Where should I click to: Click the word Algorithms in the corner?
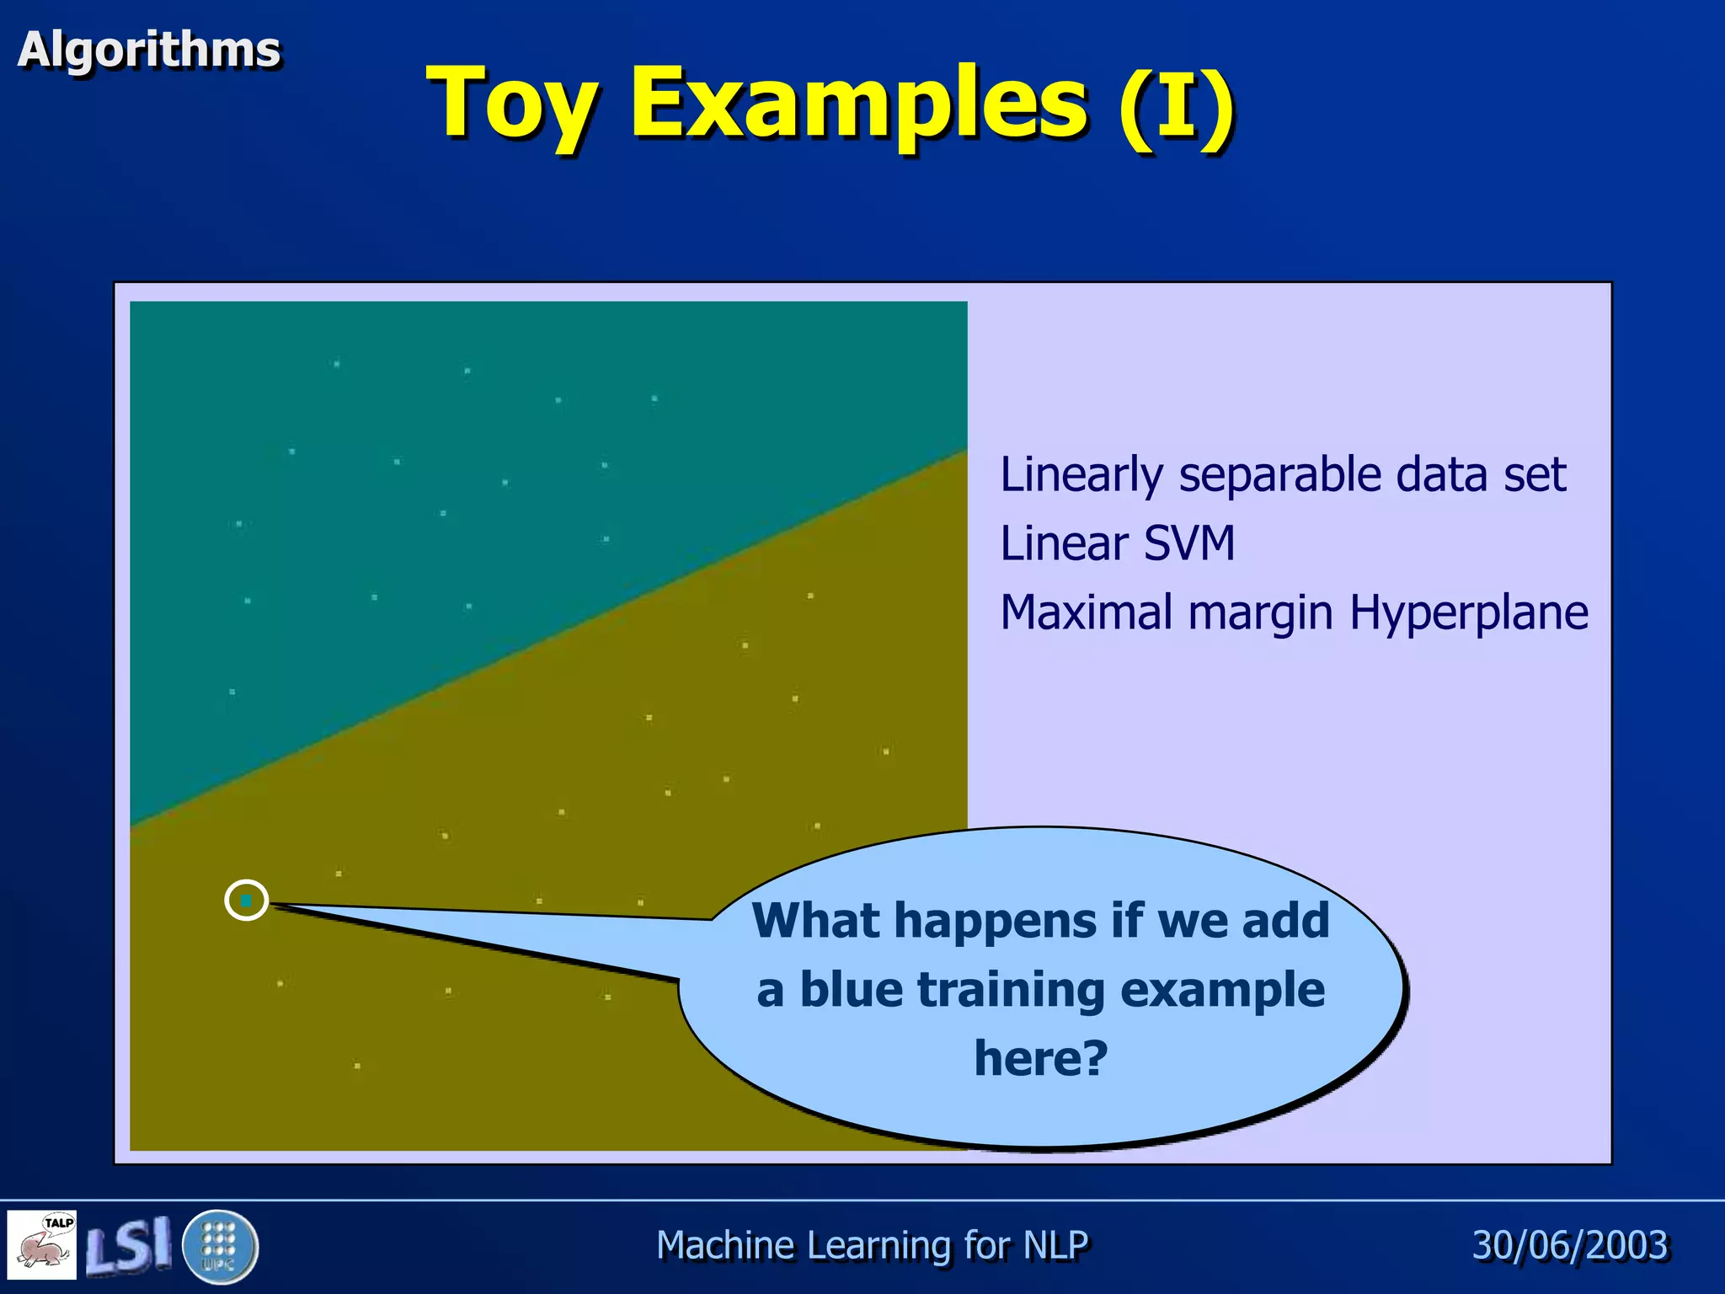(149, 50)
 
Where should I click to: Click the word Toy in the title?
(512, 105)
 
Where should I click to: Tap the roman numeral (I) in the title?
(1177, 105)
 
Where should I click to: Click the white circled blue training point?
(247, 901)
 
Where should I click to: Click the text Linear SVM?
(1117, 543)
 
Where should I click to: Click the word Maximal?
(1086, 612)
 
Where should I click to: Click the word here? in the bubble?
(1041, 1058)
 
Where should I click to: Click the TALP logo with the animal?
(42, 1244)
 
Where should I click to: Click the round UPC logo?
(220, 1246)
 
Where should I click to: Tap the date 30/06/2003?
(1569, 1245)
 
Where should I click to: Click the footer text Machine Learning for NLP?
(872, 1245)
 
